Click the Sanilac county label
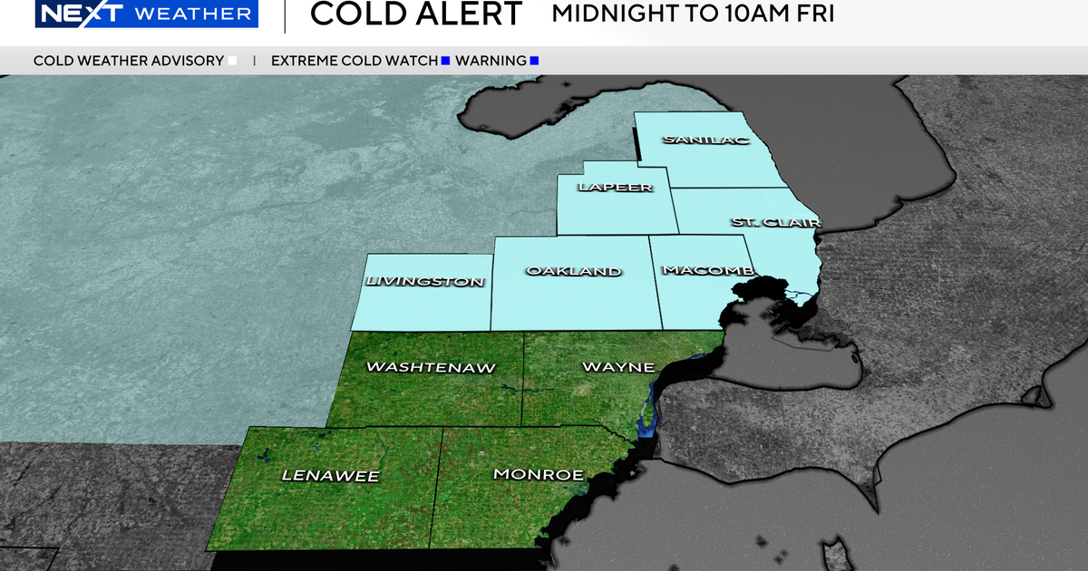(692, 140)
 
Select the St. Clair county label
(775, 222)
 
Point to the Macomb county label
(695, 271)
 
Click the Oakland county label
(574, 271)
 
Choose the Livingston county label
(424, 282)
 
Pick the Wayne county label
(618, 367)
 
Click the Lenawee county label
(330, 475)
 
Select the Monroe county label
(538, 474)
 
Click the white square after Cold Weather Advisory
(233, 61)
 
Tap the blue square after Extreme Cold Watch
(445, 61)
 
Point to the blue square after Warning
(534, 61)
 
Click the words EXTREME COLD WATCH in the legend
(354, 61)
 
